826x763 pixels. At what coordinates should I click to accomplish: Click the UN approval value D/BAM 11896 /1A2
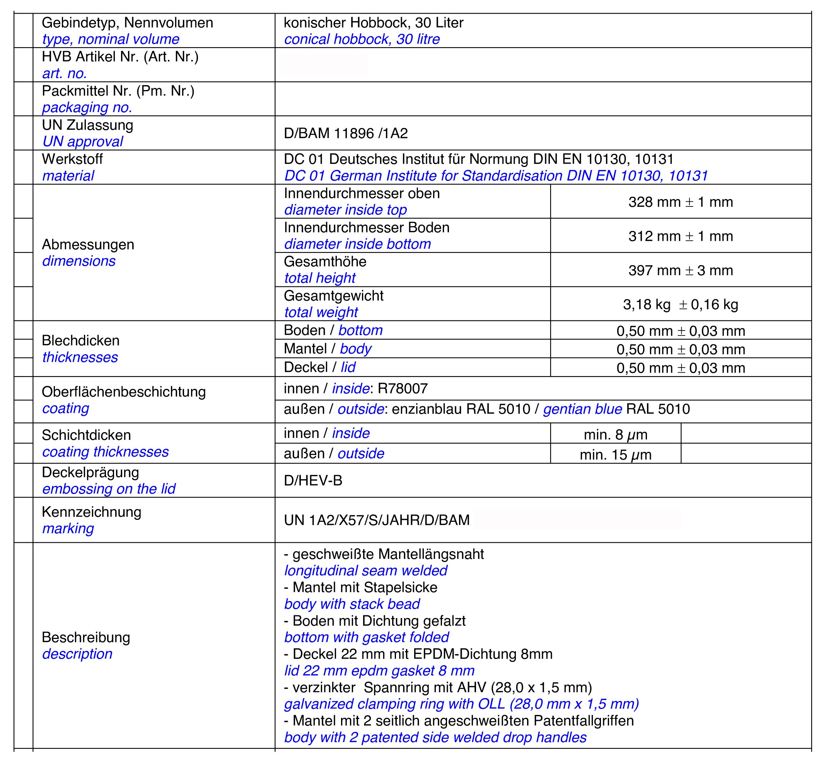[x=346, y=133]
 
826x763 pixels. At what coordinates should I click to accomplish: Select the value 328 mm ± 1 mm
[x=680, y=202]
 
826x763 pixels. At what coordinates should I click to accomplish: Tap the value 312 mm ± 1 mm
[x=680, y=236]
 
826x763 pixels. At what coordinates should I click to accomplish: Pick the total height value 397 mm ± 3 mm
[x=680, y=271]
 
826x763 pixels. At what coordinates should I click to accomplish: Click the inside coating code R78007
[x=402, y=388]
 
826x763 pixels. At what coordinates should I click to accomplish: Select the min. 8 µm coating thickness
[x=615, y=435]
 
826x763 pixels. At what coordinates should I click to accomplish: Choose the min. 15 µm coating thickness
[x=615, y=455]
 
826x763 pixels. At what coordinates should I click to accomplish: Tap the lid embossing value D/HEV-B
[x=313, y=480]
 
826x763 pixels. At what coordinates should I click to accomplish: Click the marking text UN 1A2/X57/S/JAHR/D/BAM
[x=377, y=520]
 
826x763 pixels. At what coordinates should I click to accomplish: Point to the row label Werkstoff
[x=72, y=159]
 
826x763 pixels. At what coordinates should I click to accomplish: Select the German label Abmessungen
[x=88, y=244]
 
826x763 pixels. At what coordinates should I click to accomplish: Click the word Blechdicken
[x=80, y=341]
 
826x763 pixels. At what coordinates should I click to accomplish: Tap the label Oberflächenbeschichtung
[x=123, y=392]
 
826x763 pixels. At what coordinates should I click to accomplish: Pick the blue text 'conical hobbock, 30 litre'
[x=362, y=39]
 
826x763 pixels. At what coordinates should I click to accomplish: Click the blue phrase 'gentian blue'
[x=582, y=409]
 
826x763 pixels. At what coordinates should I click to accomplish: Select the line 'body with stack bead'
[x=352, y=604]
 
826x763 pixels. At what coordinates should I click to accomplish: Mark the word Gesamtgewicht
[x=334, y=296]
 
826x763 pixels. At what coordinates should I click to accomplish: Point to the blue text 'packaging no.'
[x=87, y=107]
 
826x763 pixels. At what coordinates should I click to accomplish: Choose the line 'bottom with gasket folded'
[x=366, y=637]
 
